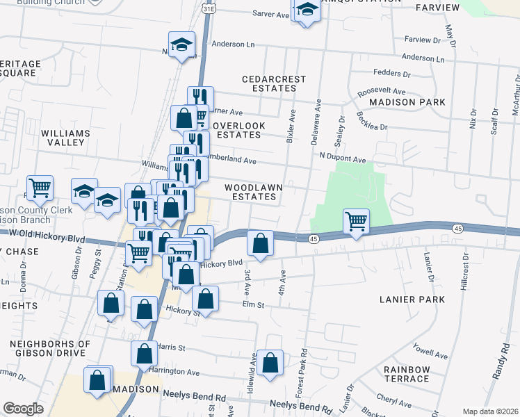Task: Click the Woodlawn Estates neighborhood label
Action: (250, 193)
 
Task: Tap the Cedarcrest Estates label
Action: (273, 84)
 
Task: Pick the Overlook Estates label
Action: (239, 130)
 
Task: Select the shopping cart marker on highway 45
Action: (356, 222)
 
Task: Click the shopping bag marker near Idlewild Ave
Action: (270, 362)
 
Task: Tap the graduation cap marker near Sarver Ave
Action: (307, 10)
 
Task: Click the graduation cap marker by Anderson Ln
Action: (181, 45)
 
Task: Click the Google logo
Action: (23, 409)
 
